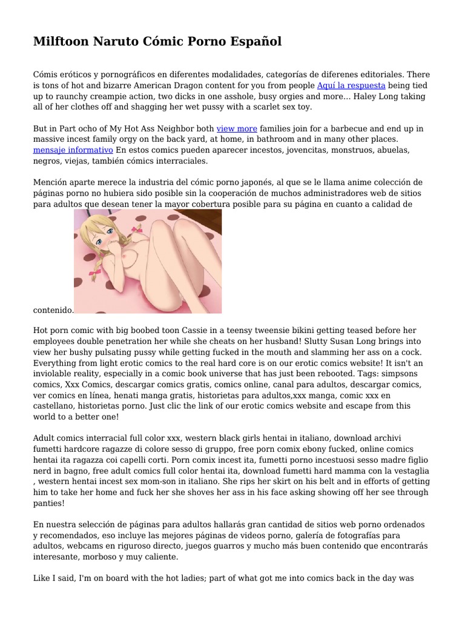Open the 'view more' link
coord(237,129)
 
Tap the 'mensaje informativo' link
coord(73,150)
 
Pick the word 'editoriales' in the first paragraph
coord(385,74)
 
